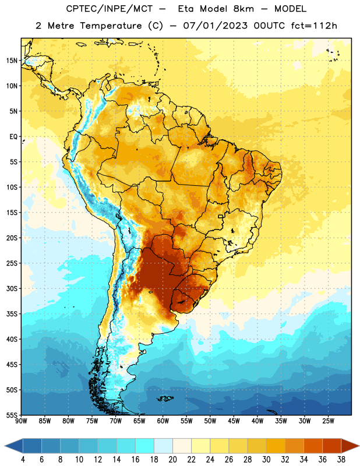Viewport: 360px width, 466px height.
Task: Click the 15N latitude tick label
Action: (x=12, y=61)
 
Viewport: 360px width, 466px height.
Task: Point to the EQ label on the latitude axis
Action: (x=13, y=137)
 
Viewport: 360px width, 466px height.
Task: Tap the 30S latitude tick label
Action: (x=12, y=288)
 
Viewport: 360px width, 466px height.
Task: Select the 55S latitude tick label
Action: (x=12, y=415)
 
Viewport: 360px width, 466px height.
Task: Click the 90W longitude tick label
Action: (x=21, y=421)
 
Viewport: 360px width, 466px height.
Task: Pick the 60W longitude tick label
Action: (x=163, y=421)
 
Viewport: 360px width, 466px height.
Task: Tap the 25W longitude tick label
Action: (x=328, y=421)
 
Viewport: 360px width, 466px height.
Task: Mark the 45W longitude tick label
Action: (x=234, y=421)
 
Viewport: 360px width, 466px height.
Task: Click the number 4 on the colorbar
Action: (x=23, y=460)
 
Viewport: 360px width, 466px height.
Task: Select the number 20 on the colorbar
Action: (x=172, y=460)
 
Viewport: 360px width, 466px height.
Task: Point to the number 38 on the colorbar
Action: (x=341, y=460)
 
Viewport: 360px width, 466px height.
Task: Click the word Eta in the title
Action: (x=186, y=9)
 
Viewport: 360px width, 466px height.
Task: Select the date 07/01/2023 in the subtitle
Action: (x=215, y=26)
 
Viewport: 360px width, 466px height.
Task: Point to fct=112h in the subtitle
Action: (x=314, y=26)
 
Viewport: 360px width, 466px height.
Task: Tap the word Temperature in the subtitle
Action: (x=111, y=26)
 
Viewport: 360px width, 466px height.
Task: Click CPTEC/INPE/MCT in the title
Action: (x=109, y=9)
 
